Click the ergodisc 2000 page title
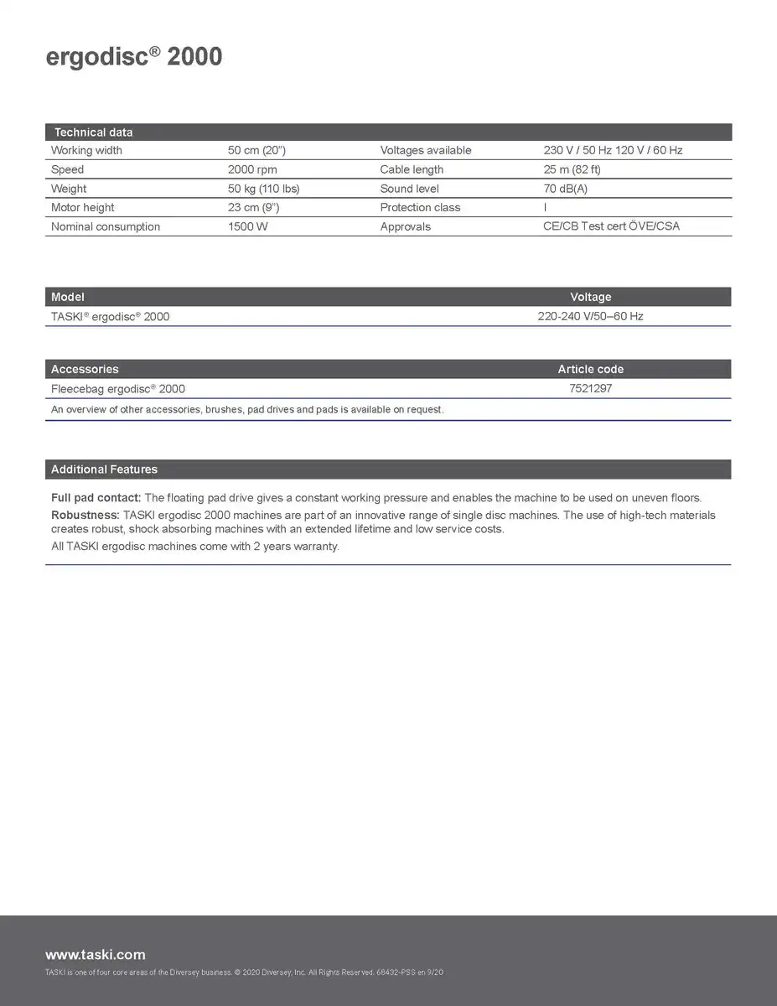(x=133, y=57)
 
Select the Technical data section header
(x=93, y=132)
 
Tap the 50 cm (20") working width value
(x=256, y=150)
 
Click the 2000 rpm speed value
(x=252, y=169)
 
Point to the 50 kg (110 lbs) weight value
(x=263, y=189)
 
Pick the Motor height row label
(x=82, y=207)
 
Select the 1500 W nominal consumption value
(x=248, y=226)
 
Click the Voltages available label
(x=425, y=150)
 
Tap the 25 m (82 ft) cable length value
(x=572, y=169)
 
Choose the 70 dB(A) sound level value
(x=565, y=189)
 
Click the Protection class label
(x=420, y=207)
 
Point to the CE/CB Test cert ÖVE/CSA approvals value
(x=611, y=226)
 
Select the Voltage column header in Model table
(x=590, y=297)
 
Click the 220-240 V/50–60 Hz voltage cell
(x=590, y=316)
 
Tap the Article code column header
(x=590, y=369)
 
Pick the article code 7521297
(x=590, y=388)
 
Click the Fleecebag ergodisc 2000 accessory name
(x=118, y=389)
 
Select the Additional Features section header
(x=104, y=469)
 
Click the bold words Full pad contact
(x=96, y=498)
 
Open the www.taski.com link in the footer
(x=95, y=954)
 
